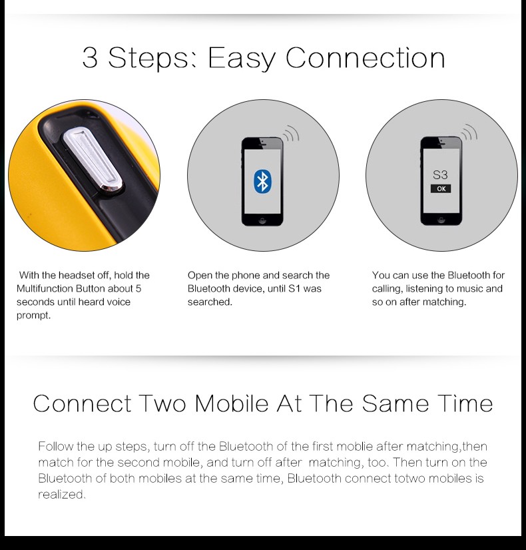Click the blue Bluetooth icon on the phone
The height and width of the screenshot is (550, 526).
coord(262,181)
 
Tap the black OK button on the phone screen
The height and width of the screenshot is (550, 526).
coord(441,188)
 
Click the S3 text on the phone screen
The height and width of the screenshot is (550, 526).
coord(440,174)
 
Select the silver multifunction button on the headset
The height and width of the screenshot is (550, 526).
coord(93,160)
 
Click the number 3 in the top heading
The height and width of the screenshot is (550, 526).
coord(90,58)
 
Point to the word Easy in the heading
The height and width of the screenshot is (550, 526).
coord(242,58)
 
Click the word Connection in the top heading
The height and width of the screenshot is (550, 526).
coord(366,57)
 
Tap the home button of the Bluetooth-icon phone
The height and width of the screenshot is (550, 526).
coord(262,220)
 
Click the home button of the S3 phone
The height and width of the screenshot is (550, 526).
coord(441,220)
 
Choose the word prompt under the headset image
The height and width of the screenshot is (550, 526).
coord(34,316)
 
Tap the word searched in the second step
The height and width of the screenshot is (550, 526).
coord(210,302)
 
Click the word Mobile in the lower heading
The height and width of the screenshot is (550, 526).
coord(232,404)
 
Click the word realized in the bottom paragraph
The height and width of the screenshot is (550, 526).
coord(62,494)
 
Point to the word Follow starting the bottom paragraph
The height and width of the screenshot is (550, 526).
coord(56,446)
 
